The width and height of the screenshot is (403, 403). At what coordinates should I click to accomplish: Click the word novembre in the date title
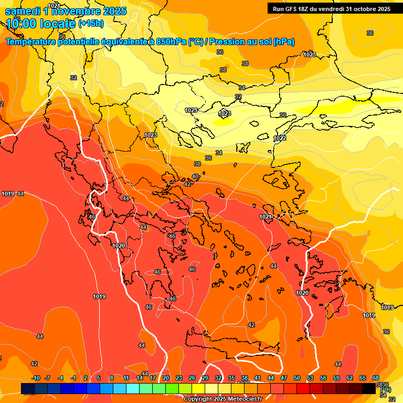78,10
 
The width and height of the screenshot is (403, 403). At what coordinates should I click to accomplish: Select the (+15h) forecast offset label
91,24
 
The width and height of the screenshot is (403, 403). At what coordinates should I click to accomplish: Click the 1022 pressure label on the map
280,138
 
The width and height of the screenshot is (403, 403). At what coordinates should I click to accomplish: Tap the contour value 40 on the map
196,176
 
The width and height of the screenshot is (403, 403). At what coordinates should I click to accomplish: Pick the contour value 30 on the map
283,115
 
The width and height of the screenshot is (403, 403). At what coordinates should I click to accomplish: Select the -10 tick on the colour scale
36,378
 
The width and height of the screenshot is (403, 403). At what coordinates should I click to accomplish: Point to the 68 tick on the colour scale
376,378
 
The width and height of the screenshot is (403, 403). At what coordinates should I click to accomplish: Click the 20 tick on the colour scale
166,378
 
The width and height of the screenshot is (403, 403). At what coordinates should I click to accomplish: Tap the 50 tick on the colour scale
297,378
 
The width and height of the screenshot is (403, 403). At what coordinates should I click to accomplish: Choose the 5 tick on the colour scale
99,378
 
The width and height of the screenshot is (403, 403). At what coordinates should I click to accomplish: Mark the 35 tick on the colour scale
231,378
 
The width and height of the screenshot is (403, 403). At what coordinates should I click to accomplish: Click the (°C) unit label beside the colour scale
385,389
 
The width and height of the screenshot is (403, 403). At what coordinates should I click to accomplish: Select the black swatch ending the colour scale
369,388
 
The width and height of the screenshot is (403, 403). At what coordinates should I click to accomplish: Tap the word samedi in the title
24,10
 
